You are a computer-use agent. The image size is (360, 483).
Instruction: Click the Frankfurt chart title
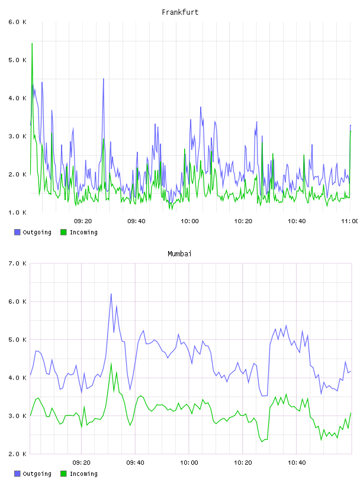coord(180,12)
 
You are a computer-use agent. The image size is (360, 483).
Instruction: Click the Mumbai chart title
coord(179,254)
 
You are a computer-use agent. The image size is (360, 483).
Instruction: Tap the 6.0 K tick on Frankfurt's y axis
coord(17,22)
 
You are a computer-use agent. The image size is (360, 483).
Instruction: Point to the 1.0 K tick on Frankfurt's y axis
coord(17,212)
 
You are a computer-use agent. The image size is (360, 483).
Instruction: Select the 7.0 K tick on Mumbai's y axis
coord(17,263)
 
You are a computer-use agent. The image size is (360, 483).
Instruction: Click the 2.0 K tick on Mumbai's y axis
coord(17,454)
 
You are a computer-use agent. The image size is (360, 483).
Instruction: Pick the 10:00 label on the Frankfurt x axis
coord(189,221)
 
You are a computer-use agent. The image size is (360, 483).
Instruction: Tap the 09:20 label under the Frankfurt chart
coord(83,221)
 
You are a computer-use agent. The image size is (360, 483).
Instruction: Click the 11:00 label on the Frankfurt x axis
coord(350,221)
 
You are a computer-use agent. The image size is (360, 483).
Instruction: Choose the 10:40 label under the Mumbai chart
coord(297,463)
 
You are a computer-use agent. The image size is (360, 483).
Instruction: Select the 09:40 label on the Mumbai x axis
coord(136,463)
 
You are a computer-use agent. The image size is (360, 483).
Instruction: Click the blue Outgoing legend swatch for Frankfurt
coord(17,232)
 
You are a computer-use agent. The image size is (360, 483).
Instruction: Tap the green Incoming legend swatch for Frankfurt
coord(63,232)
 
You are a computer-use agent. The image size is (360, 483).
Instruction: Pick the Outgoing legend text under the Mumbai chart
coord(37,474)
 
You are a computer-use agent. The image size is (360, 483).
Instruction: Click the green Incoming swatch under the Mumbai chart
coord(63,474)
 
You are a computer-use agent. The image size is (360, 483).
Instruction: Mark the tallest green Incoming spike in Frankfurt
coord(32,43)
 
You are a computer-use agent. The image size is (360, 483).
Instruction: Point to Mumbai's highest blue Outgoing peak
coord(111,294)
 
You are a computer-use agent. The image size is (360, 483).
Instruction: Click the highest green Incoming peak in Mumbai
coord(111,363)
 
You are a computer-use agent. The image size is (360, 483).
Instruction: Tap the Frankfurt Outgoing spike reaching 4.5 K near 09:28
coord(104,79)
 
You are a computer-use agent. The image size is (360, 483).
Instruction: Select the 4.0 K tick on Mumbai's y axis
coord(17,378)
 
